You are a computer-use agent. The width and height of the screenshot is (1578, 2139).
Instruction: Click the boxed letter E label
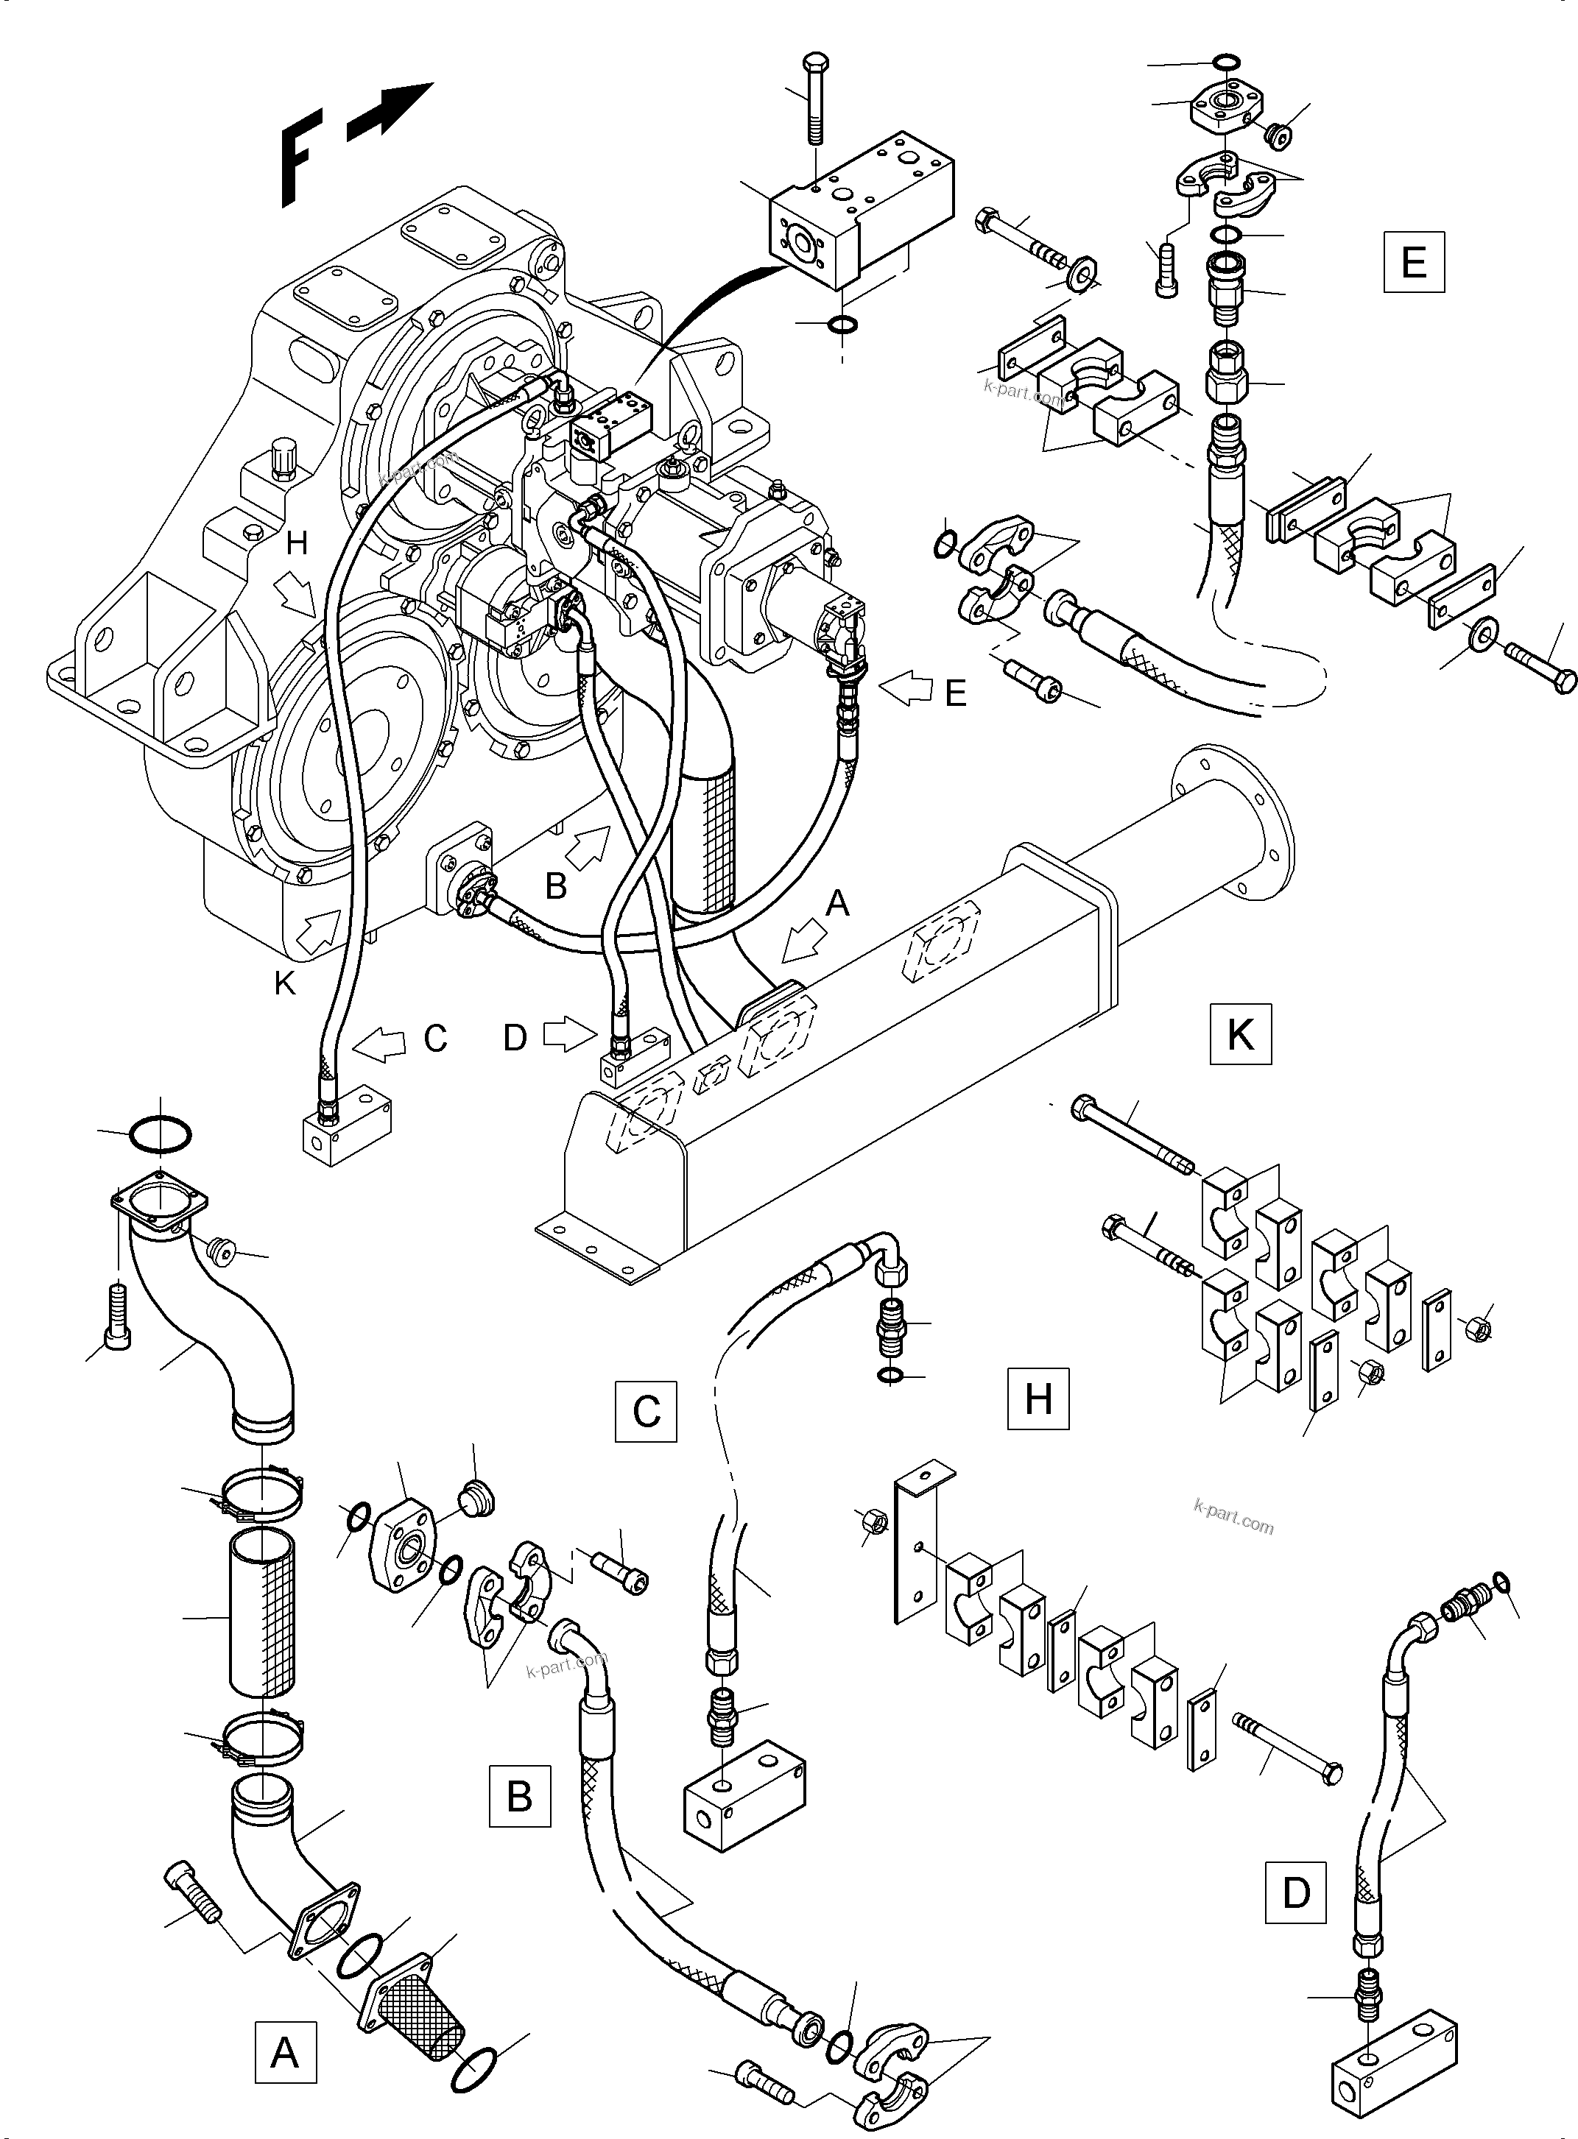(x=1413, y=261)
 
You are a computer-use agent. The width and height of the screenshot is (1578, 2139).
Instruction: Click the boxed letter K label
(x=1240, y=1033)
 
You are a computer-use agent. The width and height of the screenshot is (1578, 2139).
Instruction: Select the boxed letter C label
(x=646, y=1410)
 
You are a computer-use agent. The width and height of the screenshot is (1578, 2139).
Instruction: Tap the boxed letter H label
(x=1038, y=1399)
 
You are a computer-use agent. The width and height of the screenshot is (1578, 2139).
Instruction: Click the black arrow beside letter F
(x=390, y=112)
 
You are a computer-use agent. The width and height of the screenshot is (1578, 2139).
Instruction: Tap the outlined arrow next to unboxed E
(x=904, y=687)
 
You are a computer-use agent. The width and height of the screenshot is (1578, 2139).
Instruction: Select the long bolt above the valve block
(x=815, y=99)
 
